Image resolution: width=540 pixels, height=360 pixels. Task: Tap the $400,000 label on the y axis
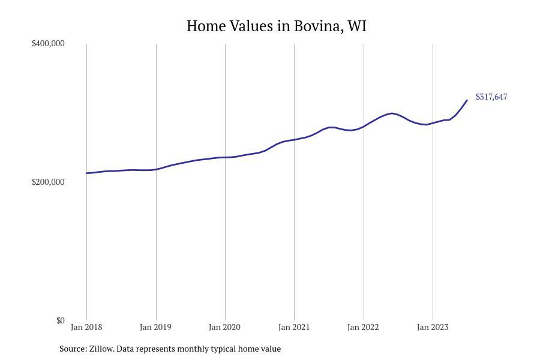[48, 43]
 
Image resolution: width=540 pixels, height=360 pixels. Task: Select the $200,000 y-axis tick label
[48, 182]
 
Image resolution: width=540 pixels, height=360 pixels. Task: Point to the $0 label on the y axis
[60, 320]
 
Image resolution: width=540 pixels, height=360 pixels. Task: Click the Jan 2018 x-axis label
[86, 327]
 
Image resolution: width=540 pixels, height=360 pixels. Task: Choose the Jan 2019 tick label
[155, 327]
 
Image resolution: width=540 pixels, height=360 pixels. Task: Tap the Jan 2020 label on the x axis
[224, 327]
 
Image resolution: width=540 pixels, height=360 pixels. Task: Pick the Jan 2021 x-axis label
[294, 327]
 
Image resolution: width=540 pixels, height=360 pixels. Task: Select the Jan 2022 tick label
[363, 327]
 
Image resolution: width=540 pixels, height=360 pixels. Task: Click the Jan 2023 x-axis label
[432, 327]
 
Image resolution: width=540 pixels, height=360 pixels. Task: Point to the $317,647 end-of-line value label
[491, 97]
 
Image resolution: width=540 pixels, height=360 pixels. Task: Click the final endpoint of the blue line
[467, 100]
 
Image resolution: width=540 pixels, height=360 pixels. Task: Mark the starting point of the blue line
[86, 173]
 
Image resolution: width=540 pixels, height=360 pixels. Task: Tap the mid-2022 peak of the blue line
[392, 113]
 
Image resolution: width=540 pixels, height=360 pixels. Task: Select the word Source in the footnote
[72, 349]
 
